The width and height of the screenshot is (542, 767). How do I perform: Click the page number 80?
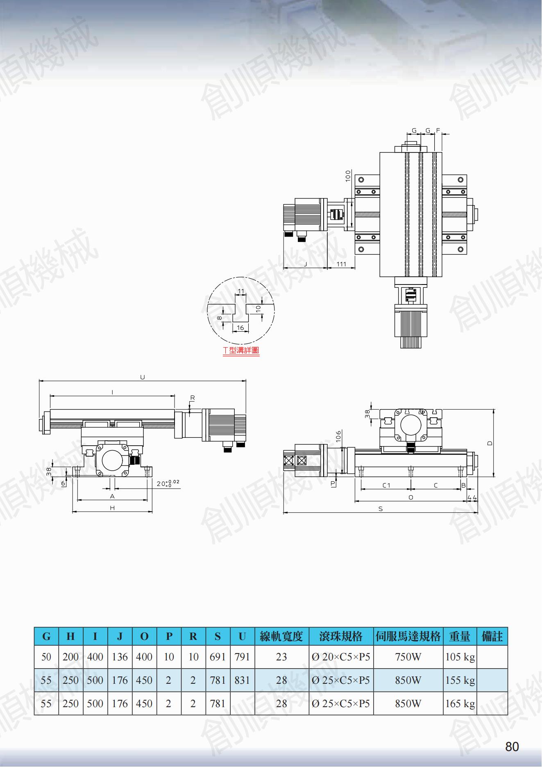click(512, 747)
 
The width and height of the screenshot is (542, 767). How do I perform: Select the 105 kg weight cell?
click(460, 657)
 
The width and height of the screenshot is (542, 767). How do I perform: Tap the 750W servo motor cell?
click(408, 657)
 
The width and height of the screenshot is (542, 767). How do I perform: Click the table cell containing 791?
click(242, 657)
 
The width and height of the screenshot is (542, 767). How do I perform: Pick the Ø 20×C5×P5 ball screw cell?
click(341, 657)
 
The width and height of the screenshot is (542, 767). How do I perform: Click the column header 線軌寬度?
click(281, 636)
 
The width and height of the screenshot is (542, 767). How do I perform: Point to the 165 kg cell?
click(460, 703)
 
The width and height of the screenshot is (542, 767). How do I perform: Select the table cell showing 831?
click(242, 680)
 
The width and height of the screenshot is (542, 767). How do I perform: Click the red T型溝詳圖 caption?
click(241, 350)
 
